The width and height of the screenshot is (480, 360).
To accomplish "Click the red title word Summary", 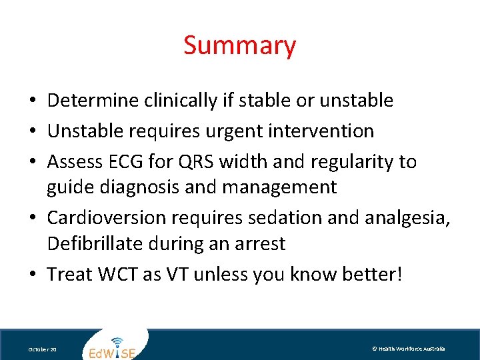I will coord(239,45).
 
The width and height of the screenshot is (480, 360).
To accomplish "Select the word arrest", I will coord(261,243).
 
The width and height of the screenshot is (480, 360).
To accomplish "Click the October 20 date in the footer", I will coord(42,349).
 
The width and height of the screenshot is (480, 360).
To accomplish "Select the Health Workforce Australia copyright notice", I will coord(408,349).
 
